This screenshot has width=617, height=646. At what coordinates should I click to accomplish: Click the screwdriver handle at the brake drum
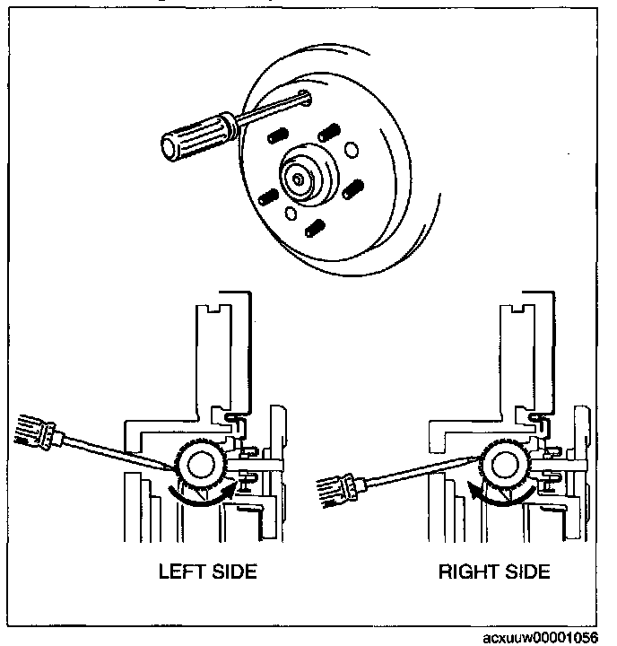[x=193, y=139]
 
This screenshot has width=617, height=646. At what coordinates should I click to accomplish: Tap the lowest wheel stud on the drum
[x=313, y=229]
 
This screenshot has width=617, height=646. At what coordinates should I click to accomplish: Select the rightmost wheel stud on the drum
[x=352, y=189]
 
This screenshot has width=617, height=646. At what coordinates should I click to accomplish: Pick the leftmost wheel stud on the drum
[x=266, y=197]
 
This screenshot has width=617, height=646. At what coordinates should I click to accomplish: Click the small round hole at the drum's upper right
[x=351, y=150]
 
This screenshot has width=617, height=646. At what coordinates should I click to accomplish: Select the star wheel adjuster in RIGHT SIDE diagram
[x=507, y=467]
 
